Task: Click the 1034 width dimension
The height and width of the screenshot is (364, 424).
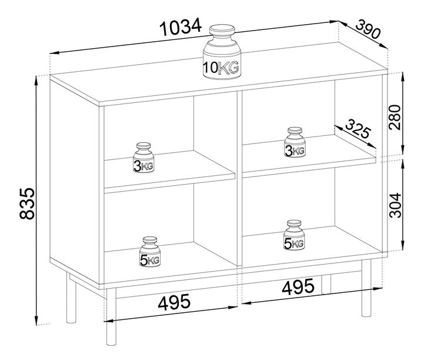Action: pyautogui.click(x=181, y=27)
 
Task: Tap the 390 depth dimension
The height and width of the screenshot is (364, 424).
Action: pyautogui.click(x=368, y=29)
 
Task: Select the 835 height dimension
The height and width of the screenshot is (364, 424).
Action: pyautogui.click(x=27, y=203)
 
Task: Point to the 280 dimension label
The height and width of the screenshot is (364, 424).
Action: pyautogui.click(x=395, y=118)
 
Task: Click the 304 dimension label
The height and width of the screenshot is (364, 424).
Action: pyautogui.click(x=395, y=205)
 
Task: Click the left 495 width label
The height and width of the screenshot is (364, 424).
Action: pyautogui.click(x=174, y=302)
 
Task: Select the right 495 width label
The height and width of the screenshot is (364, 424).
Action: pyautogui.click(x=298, y=286)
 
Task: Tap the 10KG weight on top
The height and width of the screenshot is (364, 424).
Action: pyautogui.click(x=222, y=52)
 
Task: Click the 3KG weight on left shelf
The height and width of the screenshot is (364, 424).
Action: pyautogui.click(x=143, y=158)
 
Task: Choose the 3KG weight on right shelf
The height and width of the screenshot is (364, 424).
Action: pyautogui.click(x=295, y=142)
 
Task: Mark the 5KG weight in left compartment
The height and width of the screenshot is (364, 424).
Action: pyautogui.click(x=150, y=252)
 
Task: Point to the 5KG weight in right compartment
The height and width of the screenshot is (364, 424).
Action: pyautogui.click(x=294, y=235)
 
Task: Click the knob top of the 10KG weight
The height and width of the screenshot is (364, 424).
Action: pyautogui.click(x=222, y=30)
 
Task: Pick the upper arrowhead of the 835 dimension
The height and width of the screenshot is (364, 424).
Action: pyautogui.click(x=36, y=81)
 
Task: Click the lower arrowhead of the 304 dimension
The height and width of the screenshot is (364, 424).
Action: pyautogui.click(x=403, y=245)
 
